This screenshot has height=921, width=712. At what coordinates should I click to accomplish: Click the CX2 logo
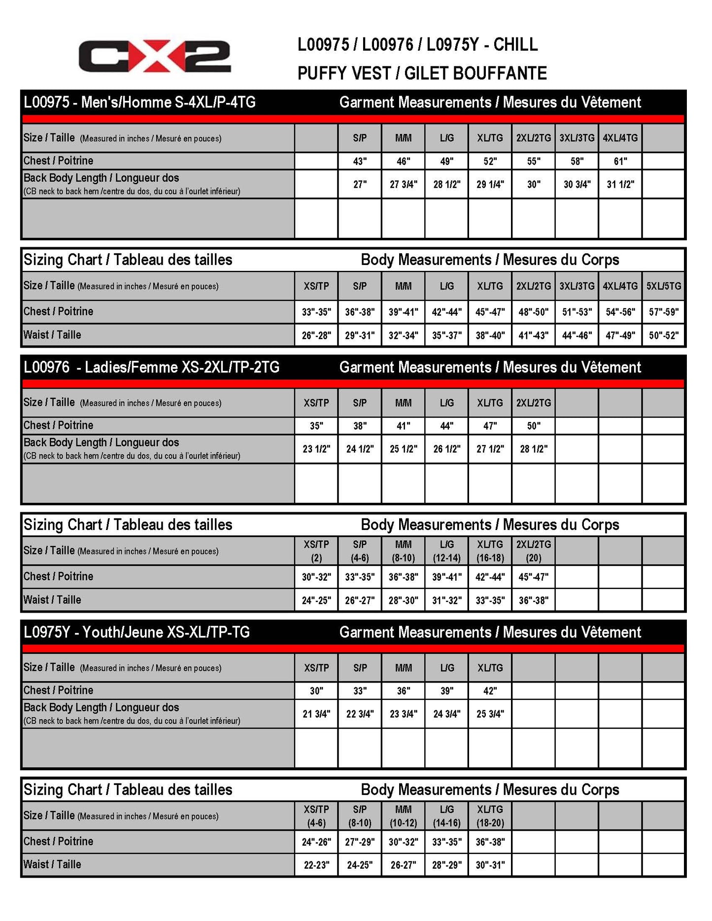pyautogui.click(x=154, y=56)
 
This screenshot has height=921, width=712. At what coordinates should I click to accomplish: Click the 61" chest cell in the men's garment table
pyautogui.click(x=620, y=161)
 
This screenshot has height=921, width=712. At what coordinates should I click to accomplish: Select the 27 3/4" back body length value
pyautogui.click(x=403, y=184)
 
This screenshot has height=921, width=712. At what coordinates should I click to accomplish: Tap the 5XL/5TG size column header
pyautogui.click(x=663, y=286)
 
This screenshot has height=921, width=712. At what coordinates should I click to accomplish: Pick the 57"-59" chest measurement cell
pyautogui.click(x=663, y=312)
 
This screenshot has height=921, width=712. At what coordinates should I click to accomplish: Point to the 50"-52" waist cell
pyautogui.click(x=663, y=335)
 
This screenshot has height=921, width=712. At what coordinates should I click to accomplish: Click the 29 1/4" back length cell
pyautogui.click(x=490, y=184)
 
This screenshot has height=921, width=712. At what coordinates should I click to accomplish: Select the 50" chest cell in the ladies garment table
pyautogui.click(x=533, y=426)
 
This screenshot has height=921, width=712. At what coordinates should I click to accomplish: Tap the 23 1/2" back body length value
pyautogui.click(x=316, y=449)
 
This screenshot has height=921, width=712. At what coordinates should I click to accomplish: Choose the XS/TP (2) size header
pyautogui.click(x=316, y=551)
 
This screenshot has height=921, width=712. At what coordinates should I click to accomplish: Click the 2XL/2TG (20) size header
pyautogui.click(x=533, y=551)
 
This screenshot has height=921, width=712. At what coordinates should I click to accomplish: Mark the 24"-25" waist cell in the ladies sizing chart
pyautogui.click(x=316, y=600)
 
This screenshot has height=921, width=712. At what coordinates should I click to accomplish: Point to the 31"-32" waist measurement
pyautogui.click(x=446, y=600)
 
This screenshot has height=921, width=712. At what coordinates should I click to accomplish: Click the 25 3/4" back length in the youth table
pyautogui.click(x=490, y=714)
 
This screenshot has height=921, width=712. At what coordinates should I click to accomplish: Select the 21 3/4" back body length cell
pyautogui.click(x=316, y=714)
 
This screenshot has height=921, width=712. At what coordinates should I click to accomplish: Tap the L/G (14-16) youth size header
pyautogui.click(x=446, y=816)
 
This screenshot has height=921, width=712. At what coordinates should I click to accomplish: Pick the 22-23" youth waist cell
pyautogui.click(x=316, y=865)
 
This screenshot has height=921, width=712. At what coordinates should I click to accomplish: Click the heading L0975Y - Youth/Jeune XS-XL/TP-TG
pyautogui.click(x=137, y=632)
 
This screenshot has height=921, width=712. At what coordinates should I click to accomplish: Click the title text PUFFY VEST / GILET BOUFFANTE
pyautogui.click(x=422, y=73)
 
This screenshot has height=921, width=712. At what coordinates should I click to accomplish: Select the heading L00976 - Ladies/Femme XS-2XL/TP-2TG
pyautogui.click(x=152, y=367)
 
